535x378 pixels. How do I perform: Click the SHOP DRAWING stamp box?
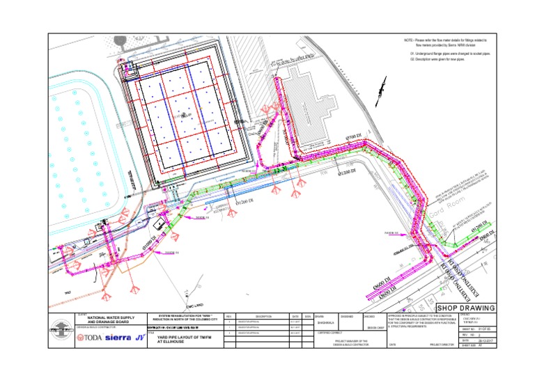click(x=466, y=308)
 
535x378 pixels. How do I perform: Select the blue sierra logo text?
click(x=118, y=338)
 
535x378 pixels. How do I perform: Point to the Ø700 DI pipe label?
click(x=355, y=136)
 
